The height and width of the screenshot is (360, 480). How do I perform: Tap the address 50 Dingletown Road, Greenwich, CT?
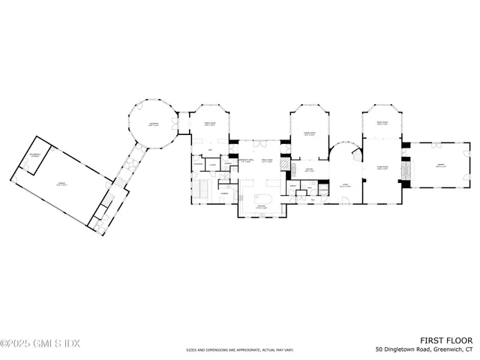point(425,349)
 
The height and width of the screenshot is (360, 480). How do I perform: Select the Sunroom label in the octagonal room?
point(153,124)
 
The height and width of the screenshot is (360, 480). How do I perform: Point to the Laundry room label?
point(223,193)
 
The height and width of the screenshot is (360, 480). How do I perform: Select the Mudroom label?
point(198,164)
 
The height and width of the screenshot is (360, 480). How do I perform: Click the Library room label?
point(441,167)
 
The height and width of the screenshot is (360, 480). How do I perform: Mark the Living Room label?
point(382,168)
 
